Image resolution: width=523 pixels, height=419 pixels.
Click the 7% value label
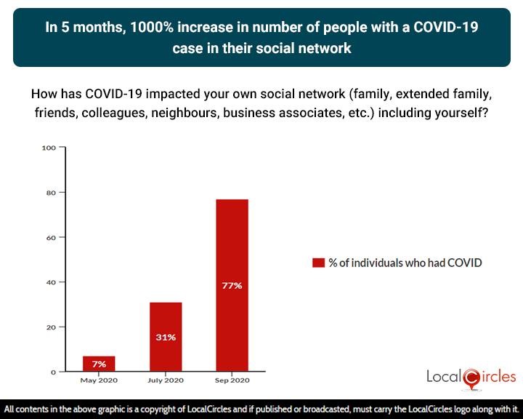click(99, 363)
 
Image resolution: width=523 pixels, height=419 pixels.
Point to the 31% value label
click(166, 338)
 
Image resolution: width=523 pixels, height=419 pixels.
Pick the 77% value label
click(232, 286)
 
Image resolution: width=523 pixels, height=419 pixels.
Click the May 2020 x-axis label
click(99, 380)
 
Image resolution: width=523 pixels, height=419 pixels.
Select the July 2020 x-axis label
click(166, 380)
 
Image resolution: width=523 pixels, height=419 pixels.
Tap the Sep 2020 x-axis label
click(232, 380)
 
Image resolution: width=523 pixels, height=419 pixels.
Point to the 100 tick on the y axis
click(49, 148)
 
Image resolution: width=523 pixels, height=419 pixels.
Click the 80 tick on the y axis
click(51, 193)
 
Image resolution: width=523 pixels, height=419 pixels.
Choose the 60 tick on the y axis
click(51, 237)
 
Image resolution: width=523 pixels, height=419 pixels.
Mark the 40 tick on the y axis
click(51, 282)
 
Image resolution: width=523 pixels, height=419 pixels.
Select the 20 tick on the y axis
click(51, 327)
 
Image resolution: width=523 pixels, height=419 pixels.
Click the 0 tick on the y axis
click(53, 372)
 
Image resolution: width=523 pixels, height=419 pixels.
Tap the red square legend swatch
click(318, 263)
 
